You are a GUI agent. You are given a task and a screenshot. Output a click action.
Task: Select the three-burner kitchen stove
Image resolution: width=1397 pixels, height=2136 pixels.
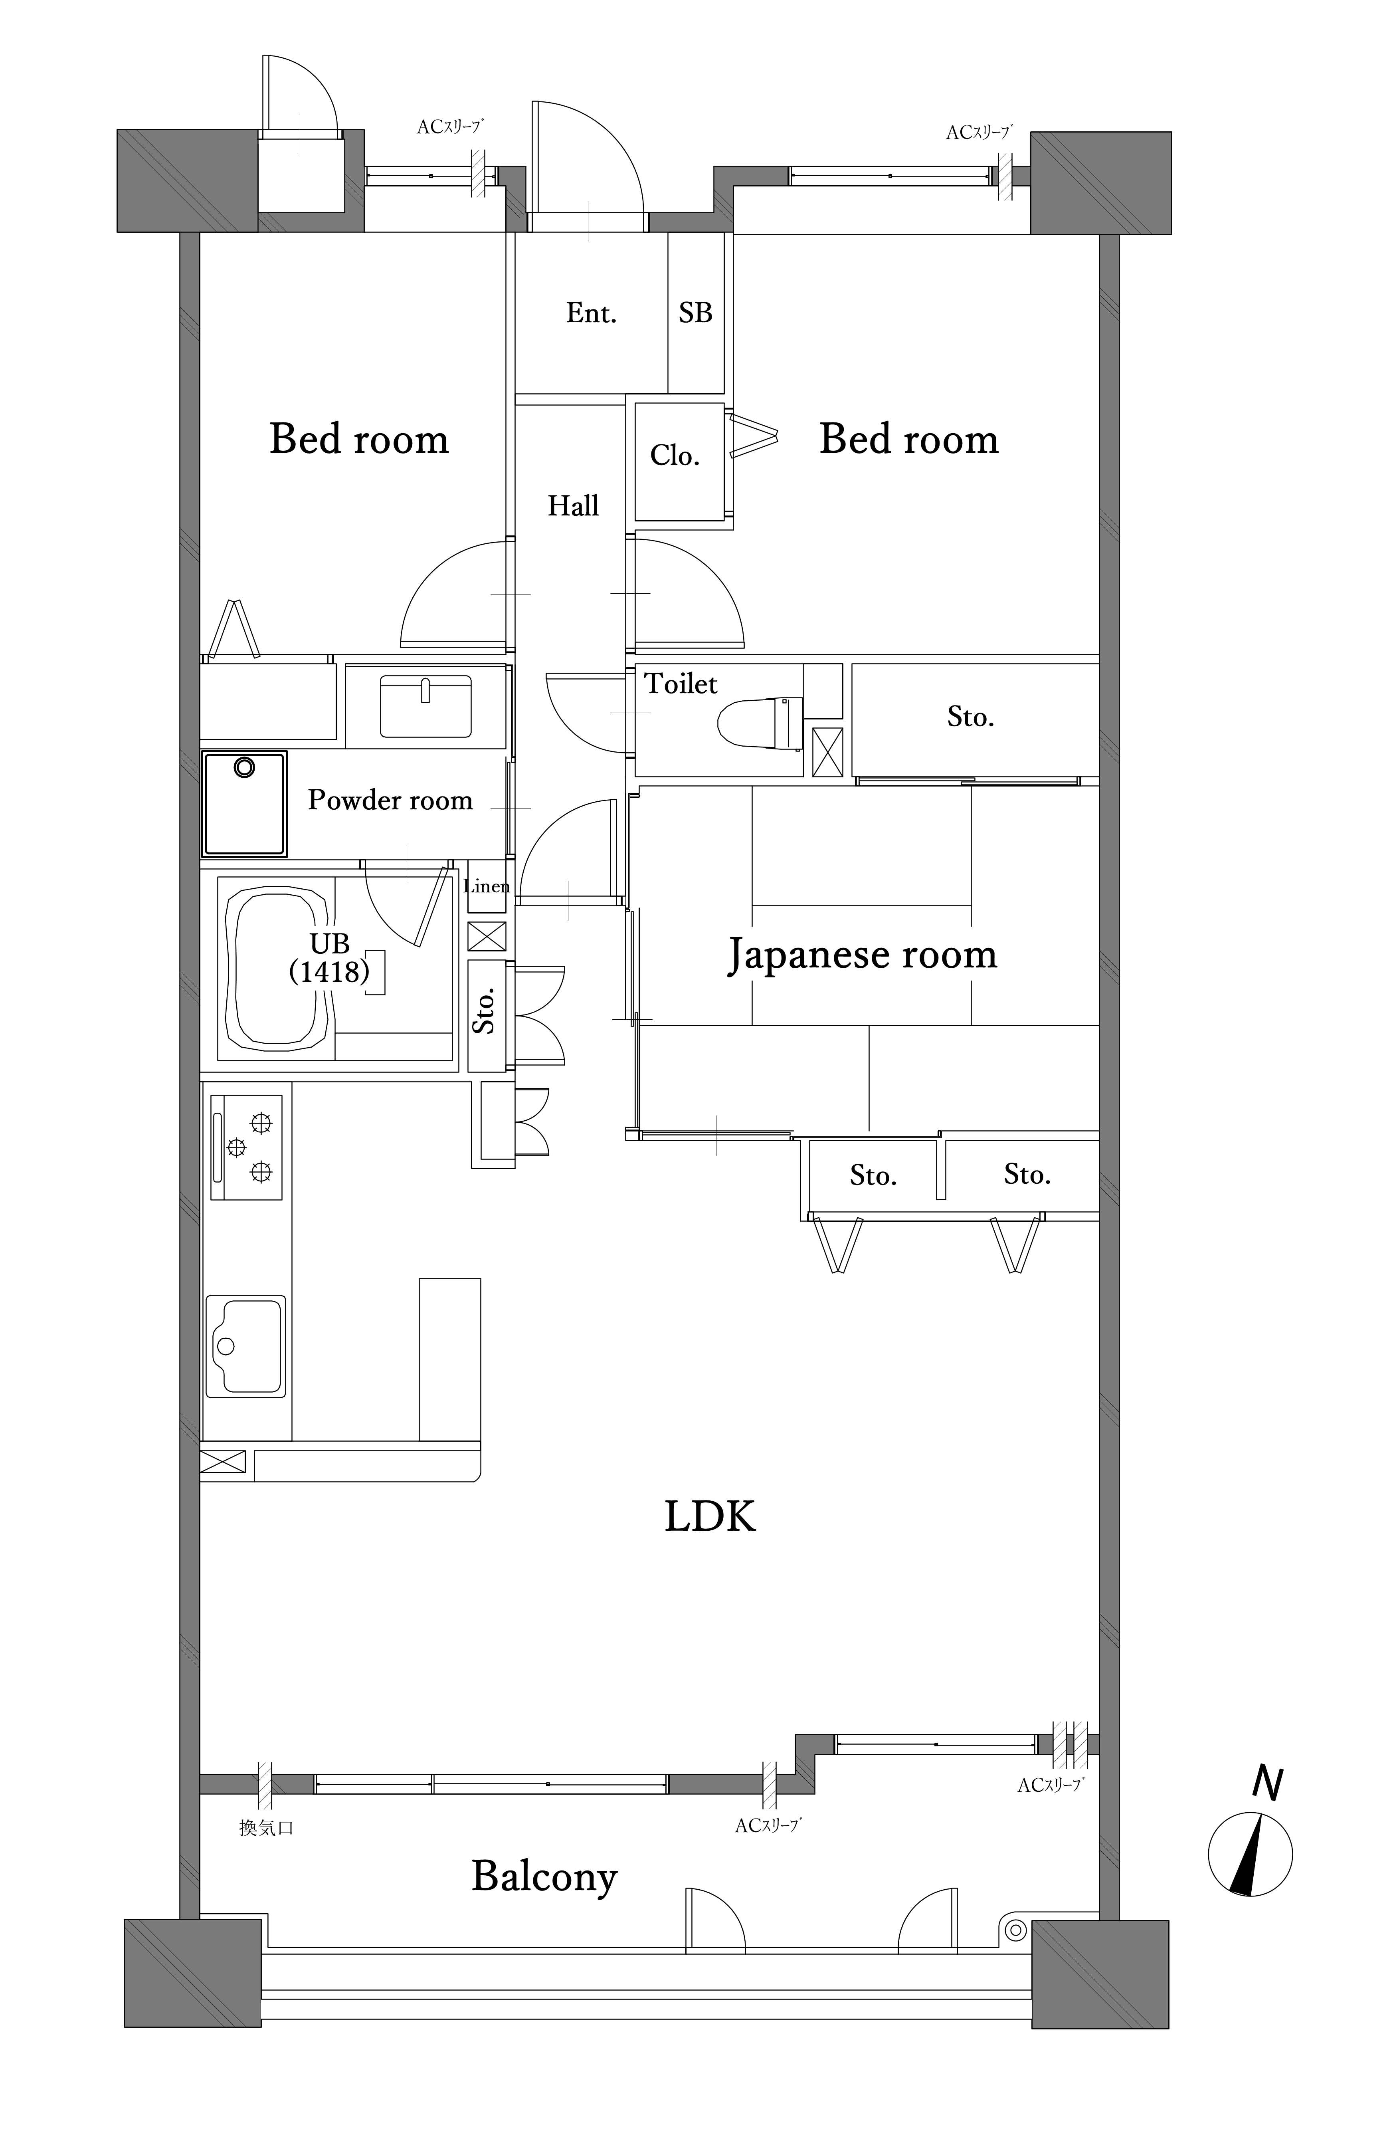click(247, 1147)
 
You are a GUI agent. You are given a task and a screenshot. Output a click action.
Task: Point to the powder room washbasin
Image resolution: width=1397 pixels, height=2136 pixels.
click(426, 706)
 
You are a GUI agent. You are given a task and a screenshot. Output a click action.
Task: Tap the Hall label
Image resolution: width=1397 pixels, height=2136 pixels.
click(573, 506)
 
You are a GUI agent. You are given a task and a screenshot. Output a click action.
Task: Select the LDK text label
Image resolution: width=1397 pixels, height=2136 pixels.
click(710, 1516)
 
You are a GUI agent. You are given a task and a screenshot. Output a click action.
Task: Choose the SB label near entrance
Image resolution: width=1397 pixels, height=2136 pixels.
click(695, 313)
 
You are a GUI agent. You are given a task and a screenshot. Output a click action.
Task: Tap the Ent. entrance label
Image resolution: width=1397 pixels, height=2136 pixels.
click(591, 313)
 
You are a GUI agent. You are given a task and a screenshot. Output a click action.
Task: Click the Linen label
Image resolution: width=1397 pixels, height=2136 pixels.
click(487, 887)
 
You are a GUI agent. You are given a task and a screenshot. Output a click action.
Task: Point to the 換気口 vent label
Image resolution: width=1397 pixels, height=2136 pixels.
click(267, 1827)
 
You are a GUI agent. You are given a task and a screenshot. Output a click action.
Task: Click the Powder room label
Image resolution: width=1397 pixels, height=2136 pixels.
click(390, 800)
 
